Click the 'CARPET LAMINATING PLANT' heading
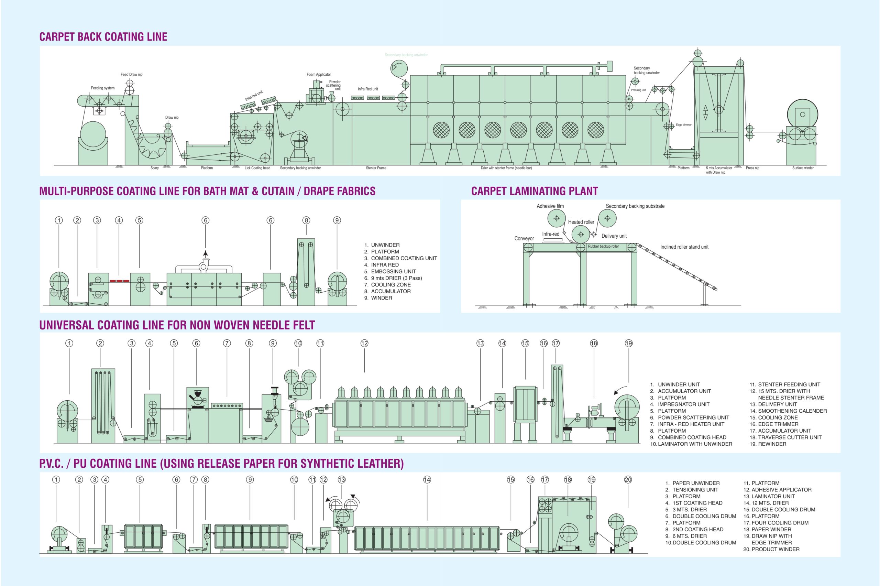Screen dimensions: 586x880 534,191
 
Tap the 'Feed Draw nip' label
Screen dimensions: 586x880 131,74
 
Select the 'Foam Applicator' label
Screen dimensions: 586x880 319,74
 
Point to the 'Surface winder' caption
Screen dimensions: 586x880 803,168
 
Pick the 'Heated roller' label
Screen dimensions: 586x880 581,222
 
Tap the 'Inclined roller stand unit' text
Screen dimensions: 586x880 684,247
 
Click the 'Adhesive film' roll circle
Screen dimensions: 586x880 557,218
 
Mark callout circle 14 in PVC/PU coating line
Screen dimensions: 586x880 427,479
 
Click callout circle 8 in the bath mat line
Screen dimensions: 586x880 306,220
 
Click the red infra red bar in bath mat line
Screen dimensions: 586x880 120,281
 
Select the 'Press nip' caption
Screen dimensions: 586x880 752,168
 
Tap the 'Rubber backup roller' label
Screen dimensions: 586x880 603,247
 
